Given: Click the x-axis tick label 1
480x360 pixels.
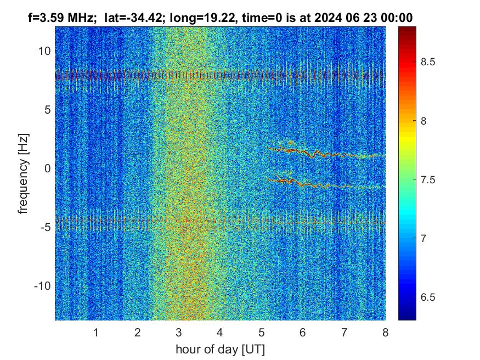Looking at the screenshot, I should (x=95, y=333).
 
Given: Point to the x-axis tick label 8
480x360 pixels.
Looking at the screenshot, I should (x=385, y=333).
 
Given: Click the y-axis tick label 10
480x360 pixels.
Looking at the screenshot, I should (x=43, y=51).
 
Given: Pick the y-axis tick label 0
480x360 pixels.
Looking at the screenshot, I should (x=47, y=168).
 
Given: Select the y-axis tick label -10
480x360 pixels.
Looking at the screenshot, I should (x=41, y=286).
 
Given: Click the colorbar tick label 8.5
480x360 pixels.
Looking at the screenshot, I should (x=428, y=62).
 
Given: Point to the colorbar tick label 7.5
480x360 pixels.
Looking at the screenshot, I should (x=428, y=179).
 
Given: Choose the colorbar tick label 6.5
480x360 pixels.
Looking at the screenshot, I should (x=428, y=297).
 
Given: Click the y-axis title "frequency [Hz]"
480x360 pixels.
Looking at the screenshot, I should (x=24, y=173).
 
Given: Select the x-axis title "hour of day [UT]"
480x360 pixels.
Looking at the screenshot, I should (x=220, y=349).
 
